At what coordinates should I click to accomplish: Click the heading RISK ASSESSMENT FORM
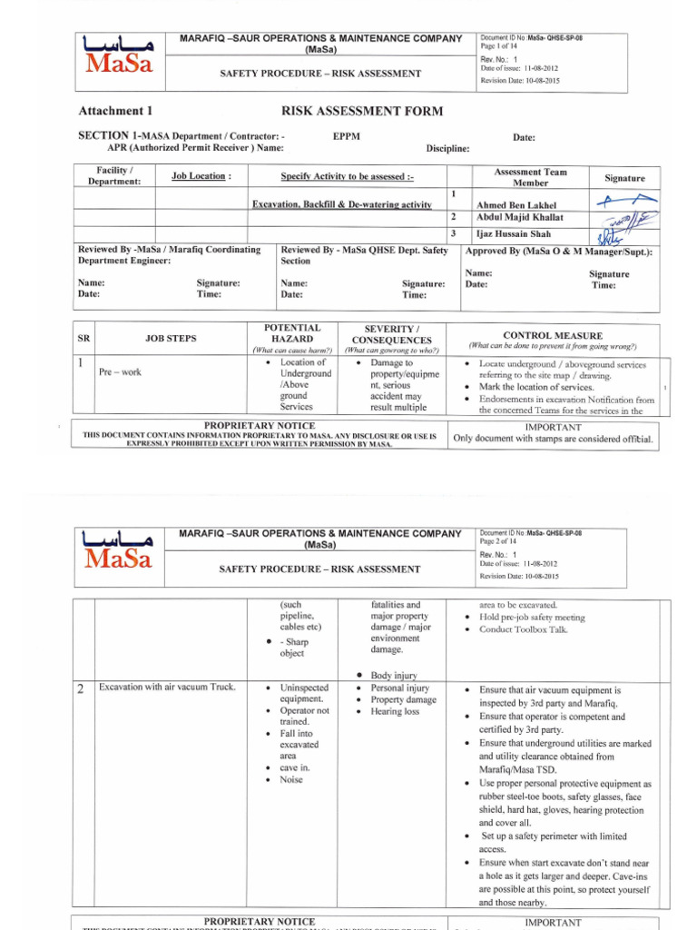pos(362,112)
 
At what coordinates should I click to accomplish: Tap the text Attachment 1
pos(115,112)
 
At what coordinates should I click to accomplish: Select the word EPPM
pos(347,135)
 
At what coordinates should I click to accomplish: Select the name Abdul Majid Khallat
pos(519,218)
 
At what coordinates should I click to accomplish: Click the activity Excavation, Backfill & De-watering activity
pos(341,205)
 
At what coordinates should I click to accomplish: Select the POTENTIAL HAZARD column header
pos(292,332)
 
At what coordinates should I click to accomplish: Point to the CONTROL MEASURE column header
pos(552,336)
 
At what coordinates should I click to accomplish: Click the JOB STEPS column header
pos(171,339)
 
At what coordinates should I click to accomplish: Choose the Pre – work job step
pos(120,372)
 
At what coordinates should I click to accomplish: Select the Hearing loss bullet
pos(395,712)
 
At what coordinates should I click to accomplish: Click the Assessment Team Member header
pos(531,177)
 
